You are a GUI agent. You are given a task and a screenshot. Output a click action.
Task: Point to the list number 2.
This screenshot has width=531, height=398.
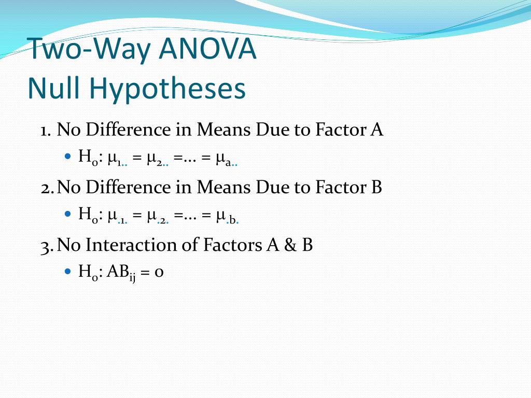click(46, 187)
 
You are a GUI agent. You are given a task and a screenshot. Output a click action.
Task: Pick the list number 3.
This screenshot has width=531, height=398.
click(46, 245)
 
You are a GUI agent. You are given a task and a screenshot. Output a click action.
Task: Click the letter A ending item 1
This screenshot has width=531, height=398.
click(376, 130)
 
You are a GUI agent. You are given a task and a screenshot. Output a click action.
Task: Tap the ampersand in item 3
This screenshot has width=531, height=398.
click(288, 245)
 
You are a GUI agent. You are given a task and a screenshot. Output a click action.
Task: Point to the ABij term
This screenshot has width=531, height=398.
click(121, 272)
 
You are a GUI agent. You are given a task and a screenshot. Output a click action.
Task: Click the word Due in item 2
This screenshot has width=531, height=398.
click(271, 187)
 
